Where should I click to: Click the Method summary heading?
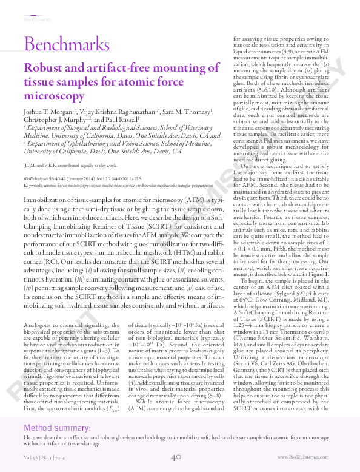point(58,429)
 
